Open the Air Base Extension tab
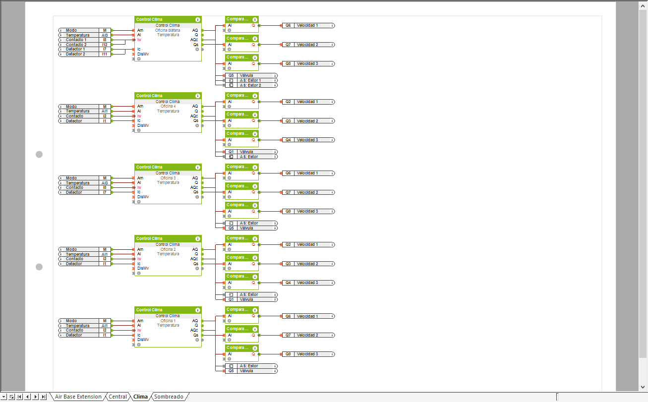[x=78, y=397]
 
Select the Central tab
[x=118, y=397]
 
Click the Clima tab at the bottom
[x=140, y=397]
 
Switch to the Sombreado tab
[x=169, y=397]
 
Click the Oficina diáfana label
[x=168, y=30]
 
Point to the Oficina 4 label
[x=168, y=106]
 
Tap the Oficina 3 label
[x=168, y=178]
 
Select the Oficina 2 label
[x=168, y=249]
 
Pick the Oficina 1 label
[x=168, y=321]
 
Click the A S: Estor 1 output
[x=250, y=80]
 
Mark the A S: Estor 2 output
[x=250, y=85]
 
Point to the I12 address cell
[x=105, y=45]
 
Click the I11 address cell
[x=105, y=54]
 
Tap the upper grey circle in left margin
[x=39, y=154]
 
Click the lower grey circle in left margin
[x=39, y=267]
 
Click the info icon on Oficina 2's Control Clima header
[x=198, y=238]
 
